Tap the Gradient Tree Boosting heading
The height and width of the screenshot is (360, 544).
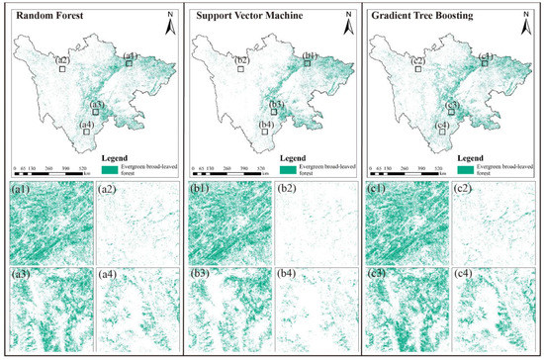415,17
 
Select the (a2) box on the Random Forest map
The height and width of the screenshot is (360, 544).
61,68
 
